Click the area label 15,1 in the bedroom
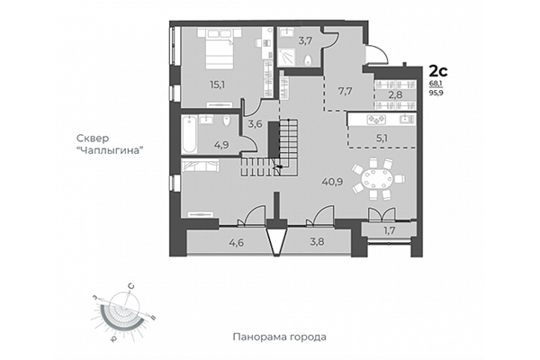pos(192,86)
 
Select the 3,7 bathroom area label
pos(305,40)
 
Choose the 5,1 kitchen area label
pos(382,139)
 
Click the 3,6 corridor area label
pos(255,124)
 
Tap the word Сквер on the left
pos(93,138)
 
